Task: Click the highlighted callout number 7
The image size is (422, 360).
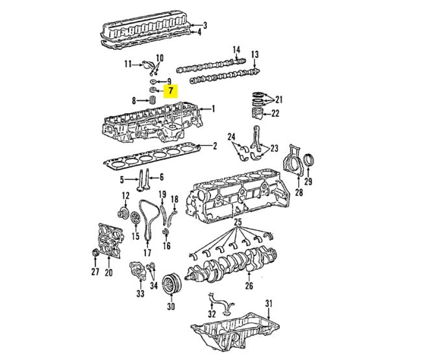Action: [170, 91]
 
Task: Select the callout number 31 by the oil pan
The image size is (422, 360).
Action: [269, 304]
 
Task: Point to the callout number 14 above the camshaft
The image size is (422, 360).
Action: [236, 49]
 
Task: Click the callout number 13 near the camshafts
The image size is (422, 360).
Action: [255, 54]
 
